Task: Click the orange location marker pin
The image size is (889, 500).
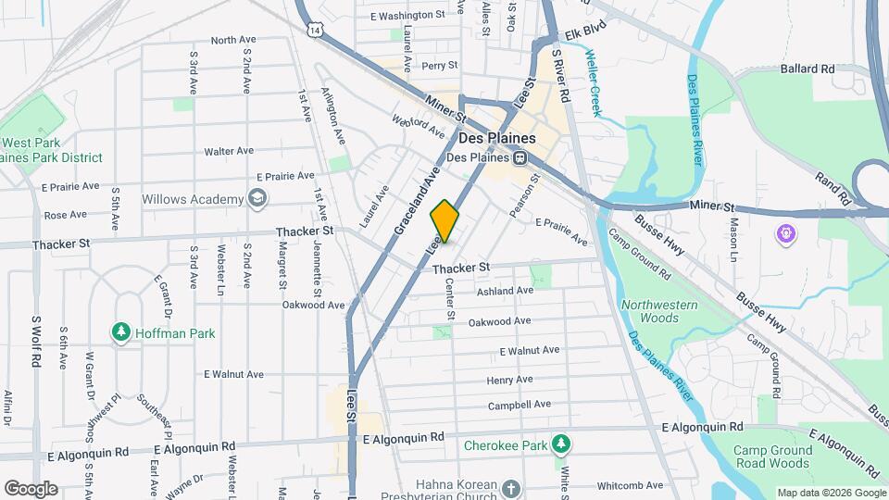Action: coord(445,221)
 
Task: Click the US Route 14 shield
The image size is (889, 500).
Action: coord(317,31)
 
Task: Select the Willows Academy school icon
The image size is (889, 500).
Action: coord(257,199)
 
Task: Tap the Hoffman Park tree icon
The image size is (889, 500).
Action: coord(119,331)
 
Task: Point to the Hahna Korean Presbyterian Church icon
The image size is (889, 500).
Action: coord(511,487)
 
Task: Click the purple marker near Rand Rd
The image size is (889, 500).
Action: coord(786,233)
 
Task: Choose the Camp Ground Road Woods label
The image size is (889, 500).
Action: coord(773,456)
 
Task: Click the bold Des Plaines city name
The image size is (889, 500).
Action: coord(497,138)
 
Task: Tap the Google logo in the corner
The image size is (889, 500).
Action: coord(31,488)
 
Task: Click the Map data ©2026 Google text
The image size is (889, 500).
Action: coord(831,493)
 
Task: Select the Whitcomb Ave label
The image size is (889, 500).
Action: coord(630,485)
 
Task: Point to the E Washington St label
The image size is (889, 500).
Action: coord(407,16)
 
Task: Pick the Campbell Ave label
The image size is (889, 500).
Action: coord(520,405)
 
